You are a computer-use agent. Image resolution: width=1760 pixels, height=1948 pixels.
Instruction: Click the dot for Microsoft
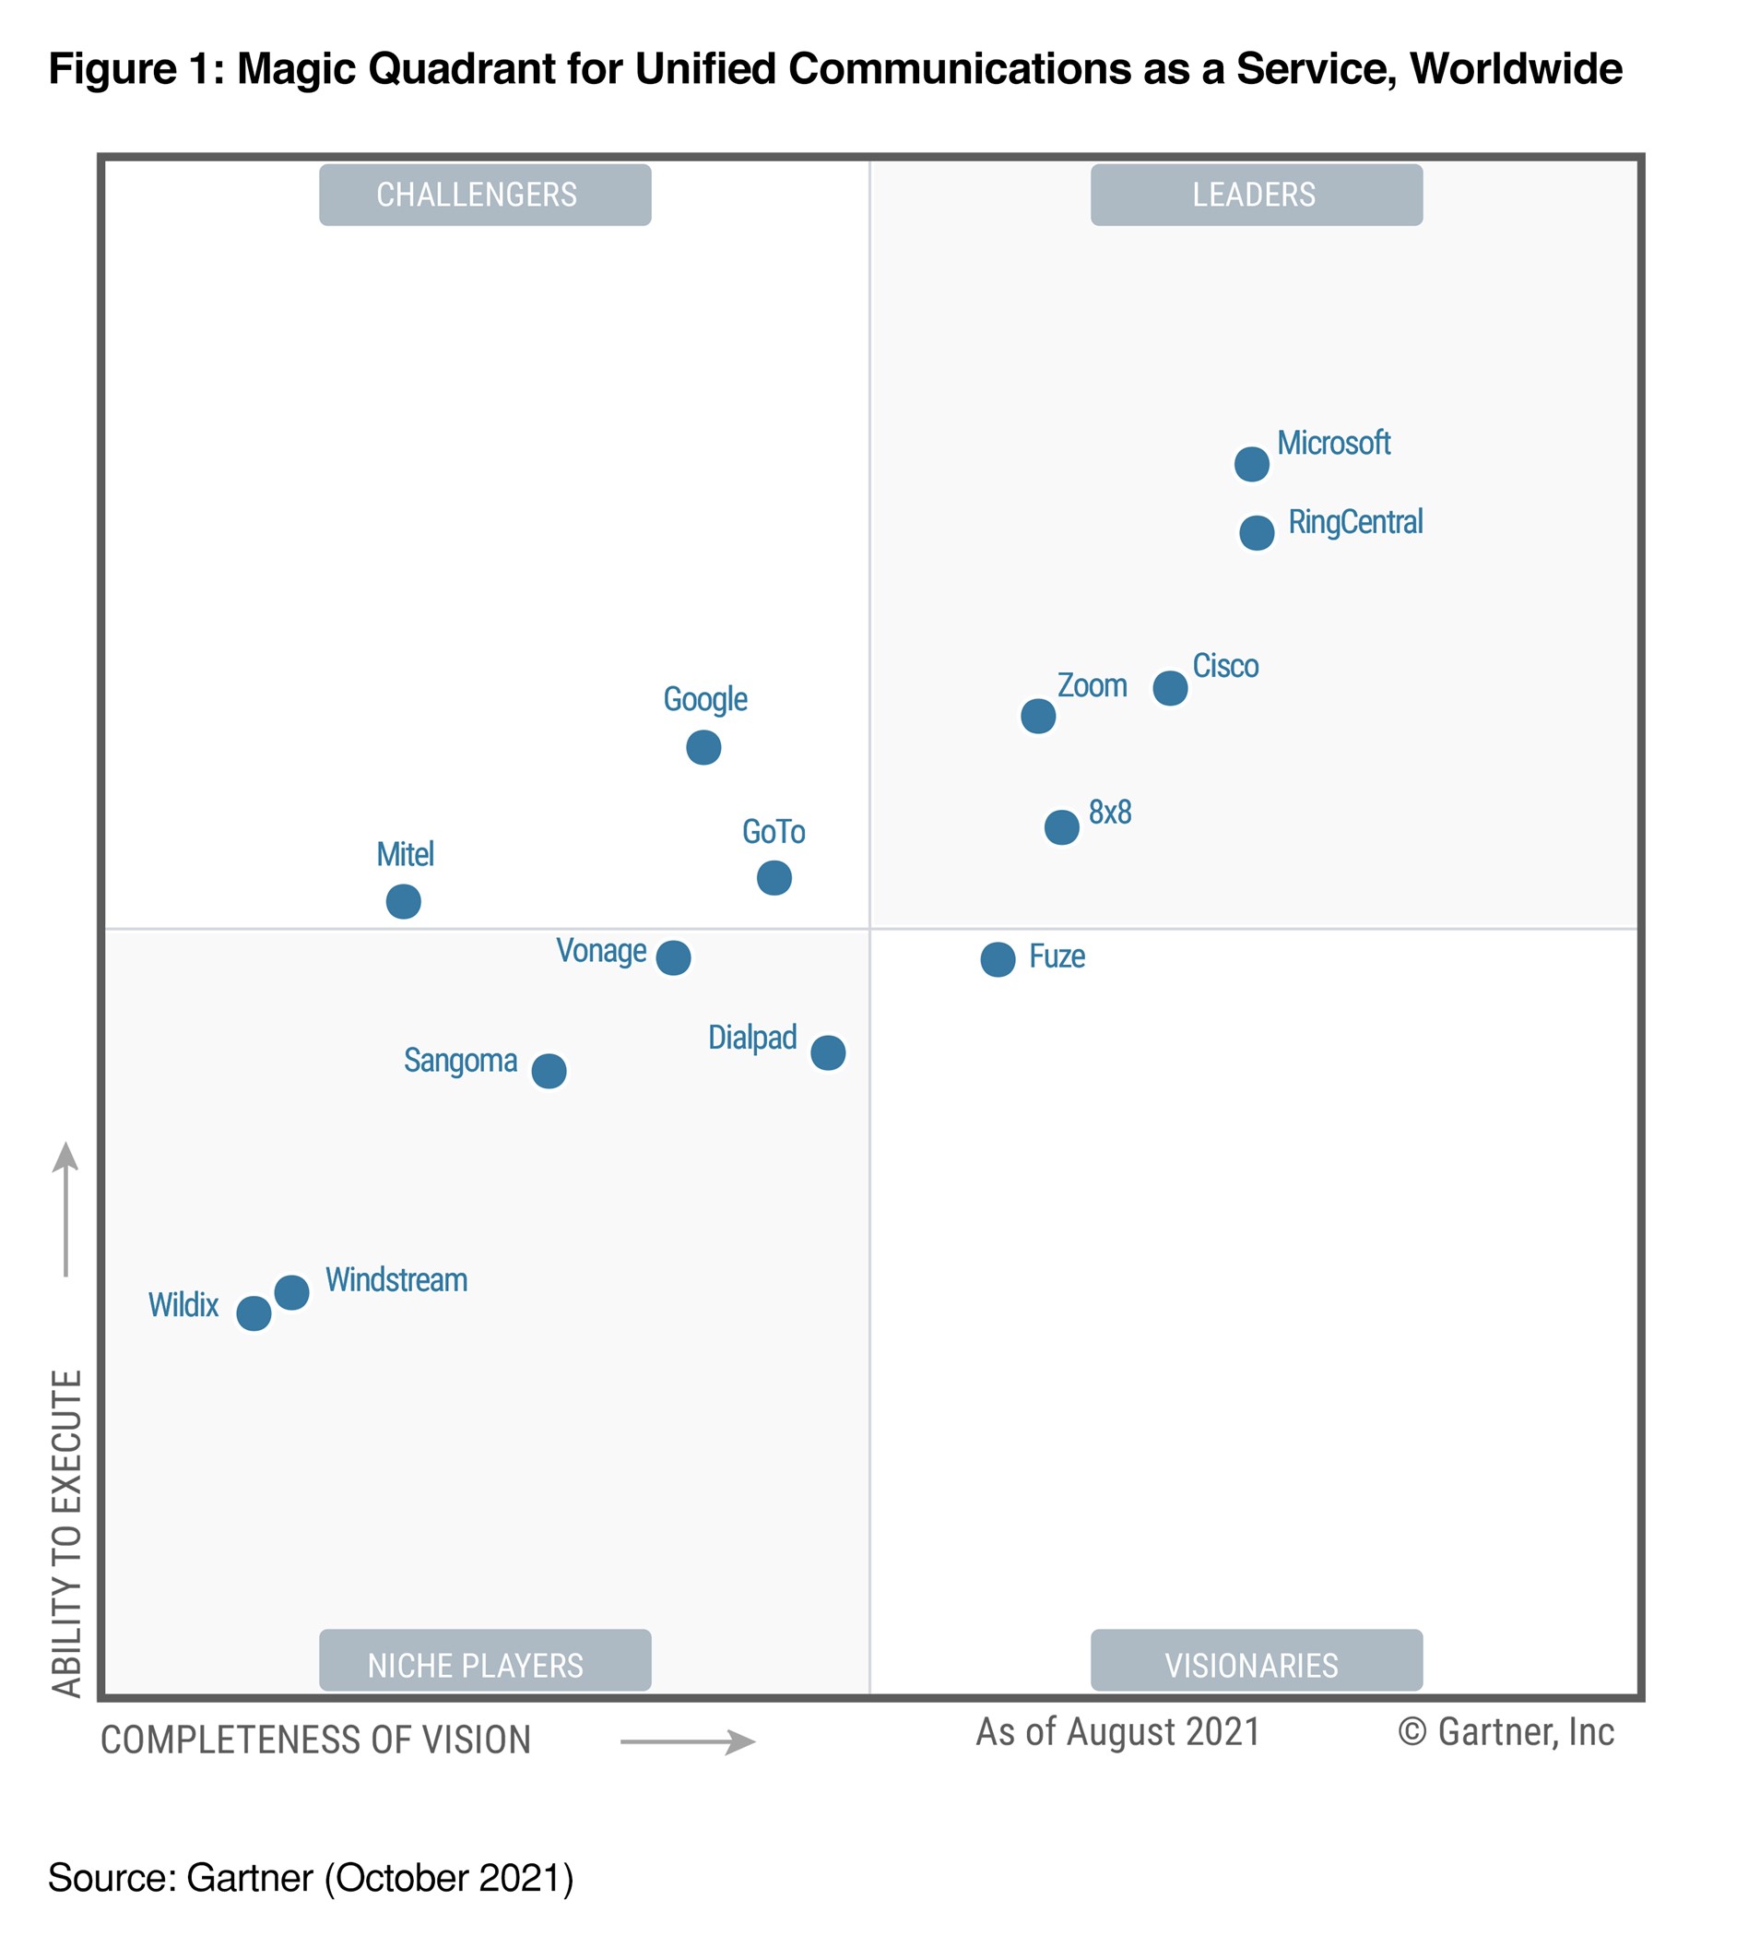1251,464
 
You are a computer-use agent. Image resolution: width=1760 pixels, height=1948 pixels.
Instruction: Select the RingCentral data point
1256,532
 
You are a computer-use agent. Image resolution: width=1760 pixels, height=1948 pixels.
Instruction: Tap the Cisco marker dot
1170,688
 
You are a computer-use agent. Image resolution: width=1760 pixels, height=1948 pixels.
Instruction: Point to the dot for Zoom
1037,716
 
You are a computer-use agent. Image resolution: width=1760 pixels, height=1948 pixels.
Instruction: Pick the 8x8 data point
1060,827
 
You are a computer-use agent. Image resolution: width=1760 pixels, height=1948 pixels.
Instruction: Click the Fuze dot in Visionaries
997,959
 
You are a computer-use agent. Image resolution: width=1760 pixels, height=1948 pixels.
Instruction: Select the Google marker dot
703,747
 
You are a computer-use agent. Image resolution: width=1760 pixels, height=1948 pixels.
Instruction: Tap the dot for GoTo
774,877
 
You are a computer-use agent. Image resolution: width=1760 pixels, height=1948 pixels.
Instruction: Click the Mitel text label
405,854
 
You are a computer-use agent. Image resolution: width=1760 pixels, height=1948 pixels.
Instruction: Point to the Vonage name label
601,951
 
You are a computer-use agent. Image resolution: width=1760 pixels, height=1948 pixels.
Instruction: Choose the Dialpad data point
828,1052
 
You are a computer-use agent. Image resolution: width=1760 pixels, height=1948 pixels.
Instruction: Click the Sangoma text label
460,1061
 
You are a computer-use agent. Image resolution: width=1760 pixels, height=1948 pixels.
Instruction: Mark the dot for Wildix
254,1313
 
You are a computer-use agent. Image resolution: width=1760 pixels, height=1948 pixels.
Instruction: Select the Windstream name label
396,1280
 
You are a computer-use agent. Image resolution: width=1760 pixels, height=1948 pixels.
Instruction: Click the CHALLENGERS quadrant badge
485,196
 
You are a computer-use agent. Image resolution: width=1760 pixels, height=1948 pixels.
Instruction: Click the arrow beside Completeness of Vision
688,1742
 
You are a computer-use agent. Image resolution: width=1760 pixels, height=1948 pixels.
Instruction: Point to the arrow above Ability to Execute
65,1209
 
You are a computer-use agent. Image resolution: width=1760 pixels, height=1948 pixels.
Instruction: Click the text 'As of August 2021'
1117,1732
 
